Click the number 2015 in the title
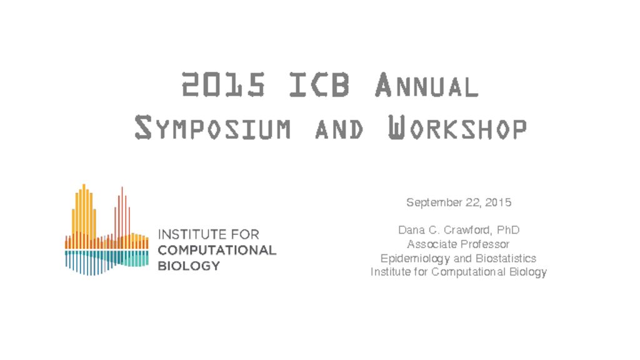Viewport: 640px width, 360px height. (224, 85)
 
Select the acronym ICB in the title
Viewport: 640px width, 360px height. (319, 85)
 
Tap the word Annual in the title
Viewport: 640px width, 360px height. (426, 85)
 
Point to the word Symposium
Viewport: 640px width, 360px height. (212, 127)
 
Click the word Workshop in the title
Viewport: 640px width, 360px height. (457, 127)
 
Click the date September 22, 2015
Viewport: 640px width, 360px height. (459, 202)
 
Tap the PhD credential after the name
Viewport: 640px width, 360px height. (508, 230)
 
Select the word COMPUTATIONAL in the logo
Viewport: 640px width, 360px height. (217, 250)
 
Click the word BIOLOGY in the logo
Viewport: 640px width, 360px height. (189, 266)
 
